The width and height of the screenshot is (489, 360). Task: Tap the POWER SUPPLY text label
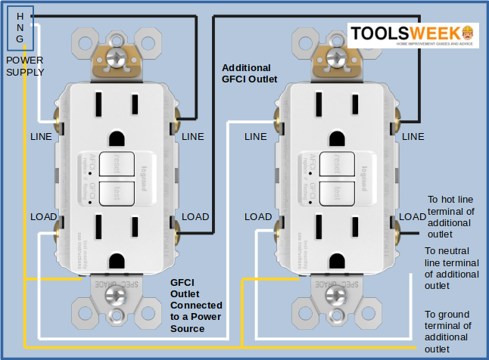coord(25,66)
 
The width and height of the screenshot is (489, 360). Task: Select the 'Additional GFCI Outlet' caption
coord(249,73)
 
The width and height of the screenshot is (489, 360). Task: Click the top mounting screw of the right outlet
coord(334,57)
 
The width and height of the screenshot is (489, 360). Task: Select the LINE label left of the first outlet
coord(42,137)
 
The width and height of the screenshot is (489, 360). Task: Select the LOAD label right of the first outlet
coord(195,216)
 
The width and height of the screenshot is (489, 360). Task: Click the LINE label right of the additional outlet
coord(413,137)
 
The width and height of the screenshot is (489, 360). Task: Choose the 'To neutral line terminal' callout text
coord(451,268)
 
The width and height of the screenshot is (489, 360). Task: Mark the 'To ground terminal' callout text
coord(448,331)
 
